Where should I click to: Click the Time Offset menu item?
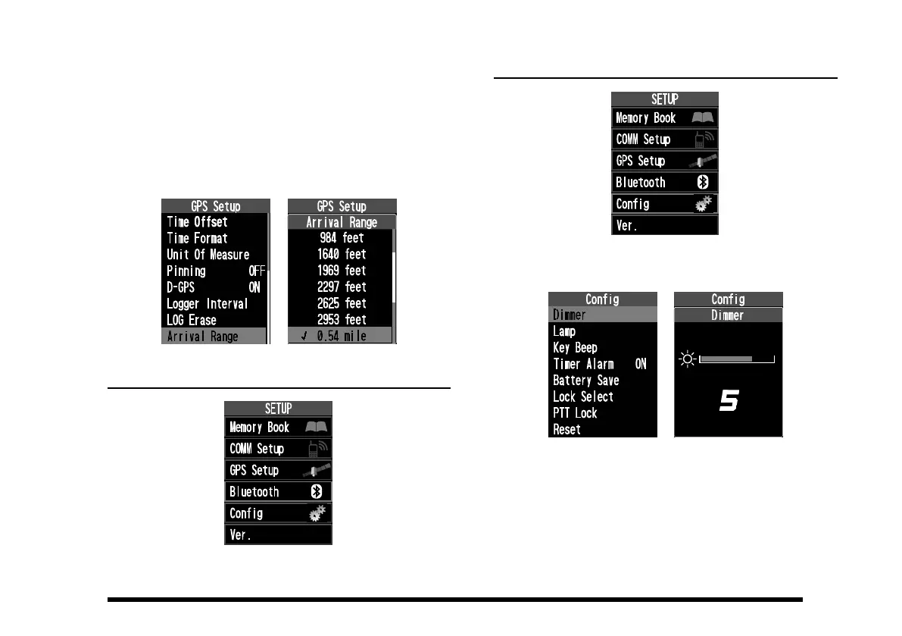[197, 222]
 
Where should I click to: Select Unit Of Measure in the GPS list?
[208, 255]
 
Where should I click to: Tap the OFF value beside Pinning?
[257, 271]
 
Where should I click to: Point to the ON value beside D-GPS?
[254, 287]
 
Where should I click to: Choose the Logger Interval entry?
[207, 304]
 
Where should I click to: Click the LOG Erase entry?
[191, 320]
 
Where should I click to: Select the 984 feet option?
[342, 238]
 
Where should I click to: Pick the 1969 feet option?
[342, 271]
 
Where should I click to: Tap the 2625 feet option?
[342, 303]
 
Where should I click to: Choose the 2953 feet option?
[342, 320]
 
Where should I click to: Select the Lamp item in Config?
[564, 331]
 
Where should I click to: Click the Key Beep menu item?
[575, 348]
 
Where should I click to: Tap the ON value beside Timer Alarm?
[641, 365]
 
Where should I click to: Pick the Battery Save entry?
[585, 381]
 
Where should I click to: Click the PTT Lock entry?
[575, 413]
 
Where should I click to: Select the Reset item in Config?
[566, 430]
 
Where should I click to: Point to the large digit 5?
[728, 403]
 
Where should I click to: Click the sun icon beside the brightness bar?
[688, 359]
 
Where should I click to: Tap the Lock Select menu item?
[583, 397]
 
